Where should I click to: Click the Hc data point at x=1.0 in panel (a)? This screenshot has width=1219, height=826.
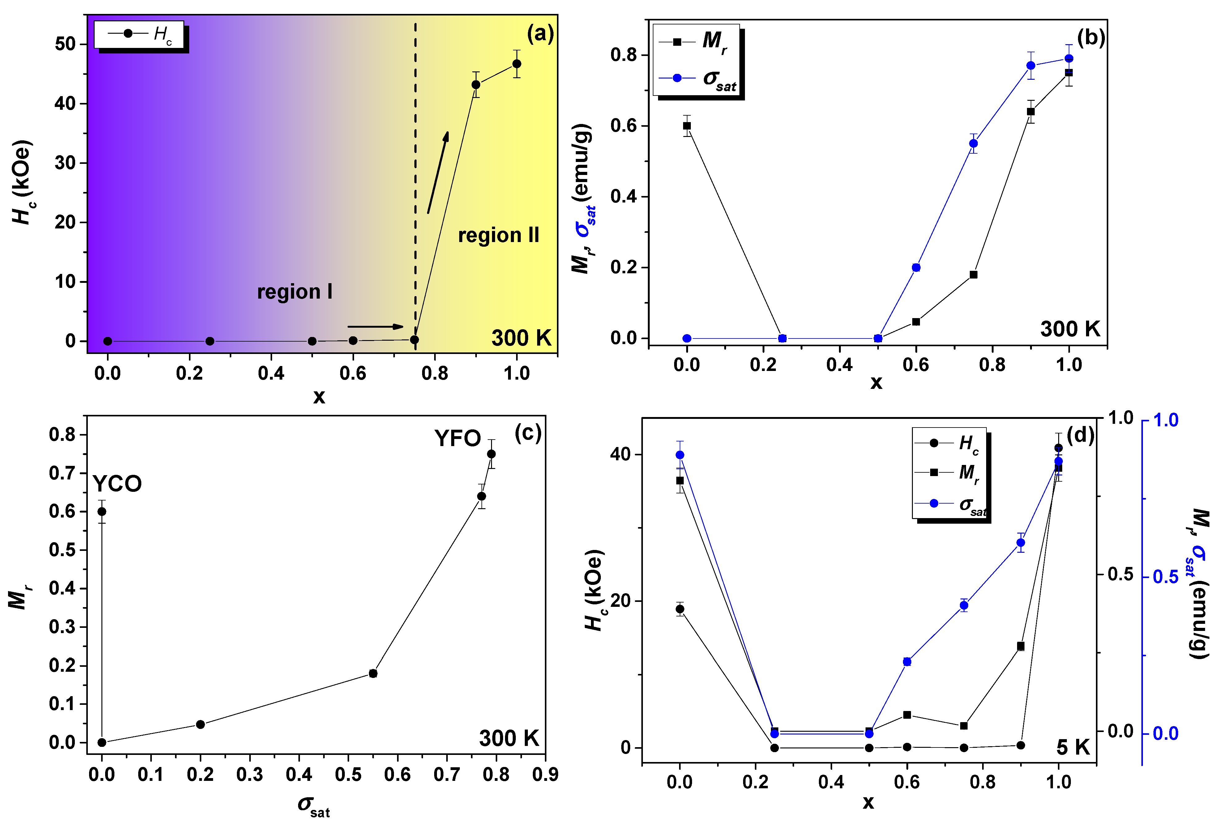click(517, 64)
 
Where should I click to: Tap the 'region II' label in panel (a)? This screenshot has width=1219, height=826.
click(498, 236)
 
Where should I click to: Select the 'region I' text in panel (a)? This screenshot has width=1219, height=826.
click(294, 292)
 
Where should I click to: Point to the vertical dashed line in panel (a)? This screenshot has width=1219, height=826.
click(415, 157)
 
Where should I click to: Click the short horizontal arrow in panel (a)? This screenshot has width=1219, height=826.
click(375, 327)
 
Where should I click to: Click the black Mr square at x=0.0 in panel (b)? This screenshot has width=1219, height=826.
click(686, 126)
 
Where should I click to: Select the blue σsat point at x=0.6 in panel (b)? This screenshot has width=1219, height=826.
click(916, 267)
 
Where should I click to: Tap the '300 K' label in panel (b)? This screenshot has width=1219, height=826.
click(1070, 329)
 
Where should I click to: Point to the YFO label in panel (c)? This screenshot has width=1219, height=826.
click(457, 438)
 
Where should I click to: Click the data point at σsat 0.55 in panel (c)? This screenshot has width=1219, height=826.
click(373, 673)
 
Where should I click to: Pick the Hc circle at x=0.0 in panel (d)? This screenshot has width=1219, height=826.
click(680, 609)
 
